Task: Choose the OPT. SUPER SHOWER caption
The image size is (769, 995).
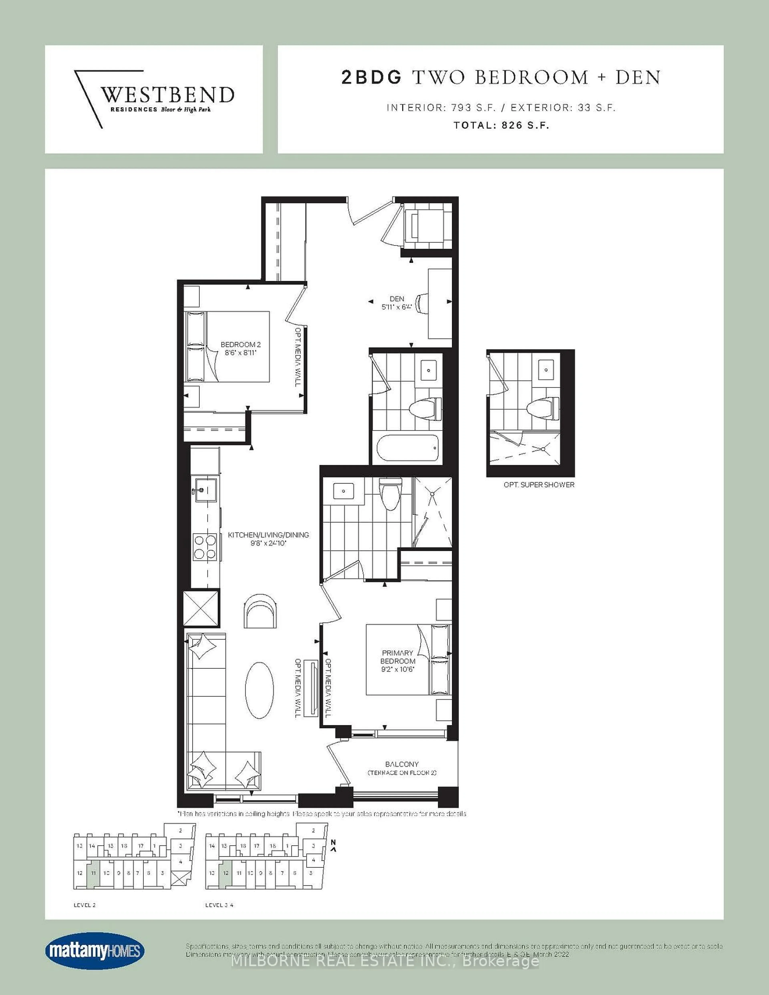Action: [539, 485]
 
